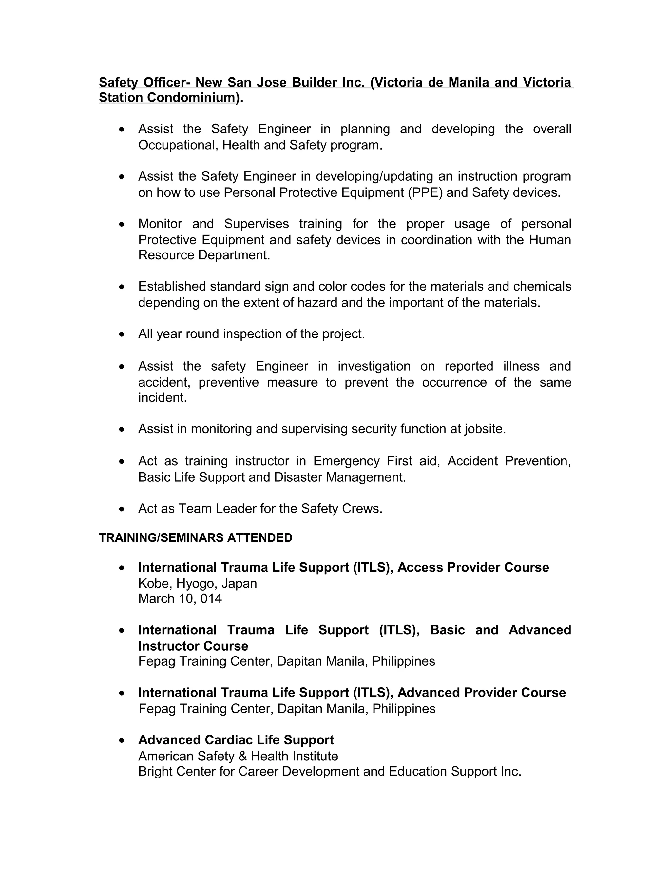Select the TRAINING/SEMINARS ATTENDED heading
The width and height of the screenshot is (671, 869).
(x=196, y=537)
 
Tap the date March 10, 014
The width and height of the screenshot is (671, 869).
(x=180, y=598)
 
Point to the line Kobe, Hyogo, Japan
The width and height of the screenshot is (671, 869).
(x=198, y=583)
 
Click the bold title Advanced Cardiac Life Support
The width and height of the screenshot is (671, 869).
(x=236, y=740)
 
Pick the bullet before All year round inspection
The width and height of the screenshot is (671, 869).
(x=122, y=334)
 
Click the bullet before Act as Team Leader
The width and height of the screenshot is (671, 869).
(x=122, y=509)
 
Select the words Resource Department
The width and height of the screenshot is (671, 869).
(x=203, y=255)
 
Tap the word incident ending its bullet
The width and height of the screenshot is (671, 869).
(x=162, y=397)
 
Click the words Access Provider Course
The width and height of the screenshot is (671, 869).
(x=473, y=567)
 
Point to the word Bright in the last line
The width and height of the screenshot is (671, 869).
(x=155, y=772)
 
